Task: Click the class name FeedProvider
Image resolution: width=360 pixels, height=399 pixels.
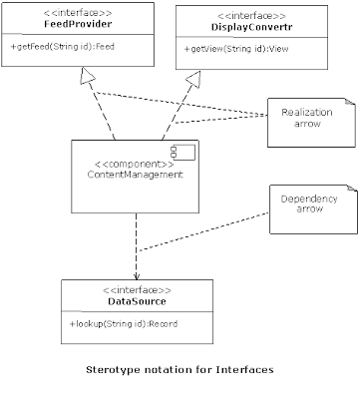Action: (x=78, y=24)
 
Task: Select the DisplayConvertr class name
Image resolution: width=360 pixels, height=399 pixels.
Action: (x=251, y=27)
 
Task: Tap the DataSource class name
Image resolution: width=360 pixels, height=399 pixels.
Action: (x=137, y=301)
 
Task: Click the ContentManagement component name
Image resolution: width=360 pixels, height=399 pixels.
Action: (x=135, y=175)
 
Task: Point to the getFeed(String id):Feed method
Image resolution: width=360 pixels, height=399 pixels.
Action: (x=63, y=47)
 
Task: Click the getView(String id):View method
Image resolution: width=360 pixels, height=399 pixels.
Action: (x=236, y=49)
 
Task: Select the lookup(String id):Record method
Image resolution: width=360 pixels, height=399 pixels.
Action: (x=124, y=324)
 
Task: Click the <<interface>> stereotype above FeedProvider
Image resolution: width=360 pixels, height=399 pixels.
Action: (x=78, y=13)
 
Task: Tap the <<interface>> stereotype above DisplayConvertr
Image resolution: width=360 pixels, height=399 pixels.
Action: (x=251, y=16)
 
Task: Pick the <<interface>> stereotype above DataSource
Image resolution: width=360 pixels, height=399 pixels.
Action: (x=137, y=290)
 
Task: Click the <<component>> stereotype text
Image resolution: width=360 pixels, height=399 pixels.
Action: (x=135, y=165)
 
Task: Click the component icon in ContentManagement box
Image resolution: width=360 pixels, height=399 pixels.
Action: (x=182, y=153)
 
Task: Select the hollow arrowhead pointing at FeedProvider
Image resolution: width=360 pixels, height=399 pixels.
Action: (x=88, y=76)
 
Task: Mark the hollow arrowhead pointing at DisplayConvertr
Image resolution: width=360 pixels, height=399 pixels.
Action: (x=193, y=79)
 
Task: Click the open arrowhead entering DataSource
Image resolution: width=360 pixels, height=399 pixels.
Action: (x=137, y=276)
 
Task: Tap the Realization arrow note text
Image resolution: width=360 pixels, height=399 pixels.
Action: (x=307, y=118)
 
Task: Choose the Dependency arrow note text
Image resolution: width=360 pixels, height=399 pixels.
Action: (x=309, y=203)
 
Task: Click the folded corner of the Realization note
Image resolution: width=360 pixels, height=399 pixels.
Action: (x=350, y=102)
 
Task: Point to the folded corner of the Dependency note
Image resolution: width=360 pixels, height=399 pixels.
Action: (x=352, y=188)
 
